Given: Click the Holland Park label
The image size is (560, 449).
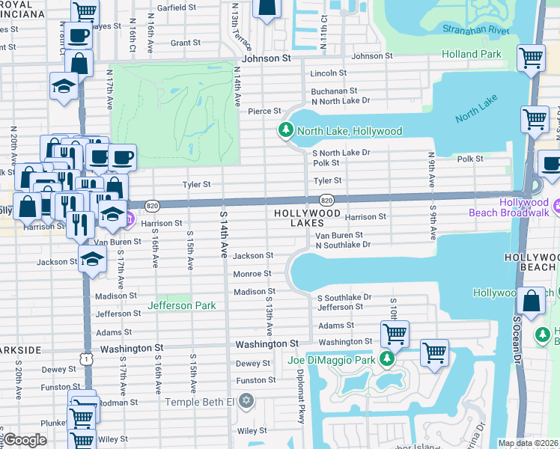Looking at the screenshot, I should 471,54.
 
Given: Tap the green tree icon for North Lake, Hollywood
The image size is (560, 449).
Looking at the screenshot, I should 285,130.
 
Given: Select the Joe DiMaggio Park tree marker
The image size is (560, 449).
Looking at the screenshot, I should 386,360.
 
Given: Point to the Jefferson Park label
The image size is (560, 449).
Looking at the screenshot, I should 182,305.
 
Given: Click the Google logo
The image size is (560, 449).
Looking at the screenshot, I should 25,440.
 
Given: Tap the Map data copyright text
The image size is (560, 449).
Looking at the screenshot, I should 529,443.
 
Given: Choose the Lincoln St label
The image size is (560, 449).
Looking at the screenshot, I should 329,73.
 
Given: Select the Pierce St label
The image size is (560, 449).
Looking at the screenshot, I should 265,112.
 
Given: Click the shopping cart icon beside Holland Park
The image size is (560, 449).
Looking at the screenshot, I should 531,58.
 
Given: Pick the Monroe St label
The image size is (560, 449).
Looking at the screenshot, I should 252,274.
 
